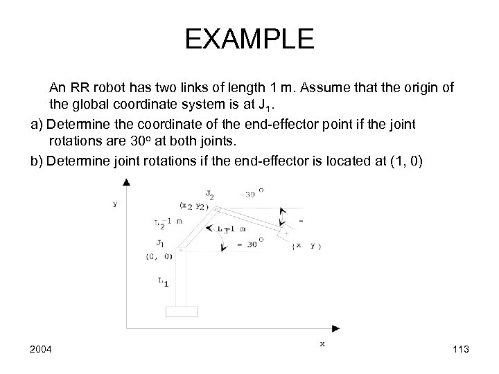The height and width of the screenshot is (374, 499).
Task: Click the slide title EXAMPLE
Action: [x=249, y=39]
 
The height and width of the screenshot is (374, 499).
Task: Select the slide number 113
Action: [x=458, y=349]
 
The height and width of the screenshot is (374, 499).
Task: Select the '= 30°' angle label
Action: [x=247, y=244]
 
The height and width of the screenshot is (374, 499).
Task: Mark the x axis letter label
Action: [x=322, y=343]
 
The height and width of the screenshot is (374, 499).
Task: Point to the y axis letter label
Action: [x=115, y=204]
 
